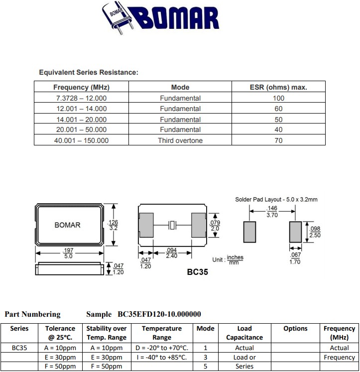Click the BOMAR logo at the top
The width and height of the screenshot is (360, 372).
click(x=160, y=18)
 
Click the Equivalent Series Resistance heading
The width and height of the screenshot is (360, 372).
click(x=88, y=73)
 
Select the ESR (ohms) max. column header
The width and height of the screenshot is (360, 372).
click(x=278, y=87)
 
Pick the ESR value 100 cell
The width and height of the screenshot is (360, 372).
click(x=278, y=98)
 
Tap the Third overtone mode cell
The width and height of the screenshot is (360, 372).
click(x=180, y=140)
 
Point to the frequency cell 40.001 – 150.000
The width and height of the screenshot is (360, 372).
click(x=81, y=140)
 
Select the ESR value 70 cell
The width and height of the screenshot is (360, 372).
click(x=278, y=140)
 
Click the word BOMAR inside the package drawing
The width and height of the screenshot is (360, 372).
click(x=67, y=225)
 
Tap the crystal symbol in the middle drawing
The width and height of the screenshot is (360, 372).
click(x=172, y=226)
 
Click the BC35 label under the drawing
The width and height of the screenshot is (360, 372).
click(x=197, y=272)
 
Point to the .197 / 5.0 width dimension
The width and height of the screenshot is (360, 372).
click(x=68, y=253)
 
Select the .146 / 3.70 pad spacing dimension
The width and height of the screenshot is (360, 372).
click(x=272, y=212)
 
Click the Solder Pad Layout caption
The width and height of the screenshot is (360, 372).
click(x=276, y=200)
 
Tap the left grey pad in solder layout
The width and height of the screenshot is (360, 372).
click(x=249, y=232)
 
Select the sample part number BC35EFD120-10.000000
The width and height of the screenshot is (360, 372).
click(x=159, y=314)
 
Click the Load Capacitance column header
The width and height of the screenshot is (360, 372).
click(x=244, y=333)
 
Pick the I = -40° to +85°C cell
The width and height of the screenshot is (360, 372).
click(x=162, y=358)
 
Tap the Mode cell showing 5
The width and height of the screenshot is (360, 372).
click(x=205, y=367)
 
